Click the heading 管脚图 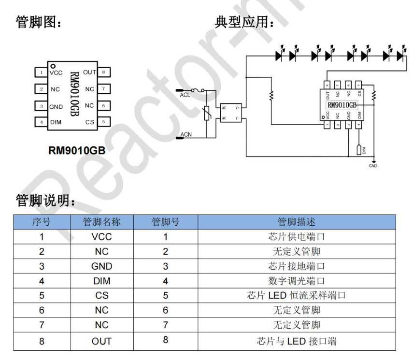[x=38, y=22]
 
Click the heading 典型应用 [x=244, y=22]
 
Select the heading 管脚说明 [x=45, y=199]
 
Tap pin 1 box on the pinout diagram [x=42, y=72]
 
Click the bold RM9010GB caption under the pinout [x=77, y=151]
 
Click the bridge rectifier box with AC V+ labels [x=231, y=112]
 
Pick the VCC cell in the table [x=101, y=237]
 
